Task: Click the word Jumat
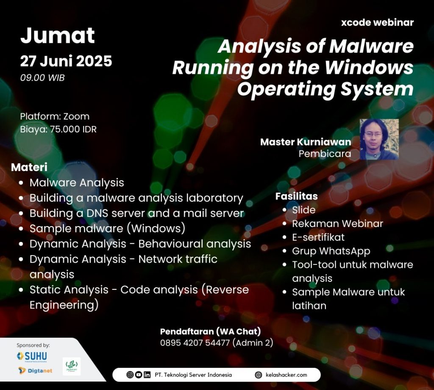click(58, 36)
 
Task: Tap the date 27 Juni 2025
click(66, 61)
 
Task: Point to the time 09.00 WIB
click(42, 78)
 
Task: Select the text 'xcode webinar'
click(377, 22)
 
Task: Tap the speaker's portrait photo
click(379, 139)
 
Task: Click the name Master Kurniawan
click(306, 142)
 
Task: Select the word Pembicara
click(325, 154)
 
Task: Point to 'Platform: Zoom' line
click(55, 116)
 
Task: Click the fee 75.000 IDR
click(73, 129)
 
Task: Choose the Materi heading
click(29, 167)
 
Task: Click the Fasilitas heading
click(296, 196)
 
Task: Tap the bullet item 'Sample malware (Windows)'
click(107, 229)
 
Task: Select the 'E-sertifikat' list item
click(318, 237)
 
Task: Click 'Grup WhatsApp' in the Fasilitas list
click(331, 251)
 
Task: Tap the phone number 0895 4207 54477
click(195, 343)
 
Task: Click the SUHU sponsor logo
click(32, 356)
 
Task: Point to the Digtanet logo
click(35, 370)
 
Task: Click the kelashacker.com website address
click(286, 375)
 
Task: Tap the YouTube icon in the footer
click(139, 375)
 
